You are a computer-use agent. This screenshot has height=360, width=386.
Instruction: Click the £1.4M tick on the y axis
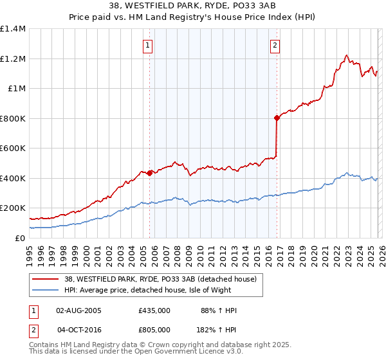click(x=13, y=29)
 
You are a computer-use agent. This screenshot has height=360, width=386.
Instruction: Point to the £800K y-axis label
click(x=13, y=118)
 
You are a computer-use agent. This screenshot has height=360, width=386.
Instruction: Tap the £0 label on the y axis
click(x=21, y=238)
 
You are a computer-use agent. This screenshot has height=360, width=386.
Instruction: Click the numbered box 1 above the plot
click(x=149, y=45)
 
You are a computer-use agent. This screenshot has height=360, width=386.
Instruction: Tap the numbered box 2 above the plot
click(x=275, y=45)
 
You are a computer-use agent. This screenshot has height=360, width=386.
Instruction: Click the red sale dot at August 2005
click(x=149, y=173)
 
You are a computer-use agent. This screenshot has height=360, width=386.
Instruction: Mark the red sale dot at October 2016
click(x=277, y=118)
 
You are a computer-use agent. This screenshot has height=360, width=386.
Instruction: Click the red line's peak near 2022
click(x=347, y=55)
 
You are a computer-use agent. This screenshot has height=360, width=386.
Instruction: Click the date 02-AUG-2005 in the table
click(x=78, y=310)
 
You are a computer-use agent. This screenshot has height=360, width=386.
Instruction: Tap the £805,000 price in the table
click(x=154, y=329)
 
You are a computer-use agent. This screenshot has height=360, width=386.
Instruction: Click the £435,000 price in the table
click(x=154, y=310)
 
